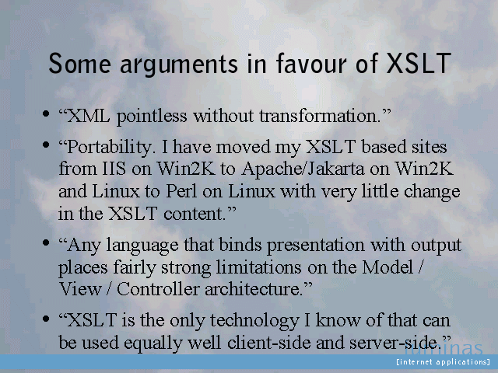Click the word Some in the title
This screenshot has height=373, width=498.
pos(79,64)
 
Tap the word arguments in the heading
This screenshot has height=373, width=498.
pos(178,65)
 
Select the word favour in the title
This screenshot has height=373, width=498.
pos(311,63)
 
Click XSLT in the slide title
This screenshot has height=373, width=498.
pos(419,63)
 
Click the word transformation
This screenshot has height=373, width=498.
pos(322,116)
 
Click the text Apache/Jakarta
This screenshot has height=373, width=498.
pos(303,169)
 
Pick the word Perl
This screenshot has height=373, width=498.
pos(181,191)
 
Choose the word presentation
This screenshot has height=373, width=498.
pos(315,246)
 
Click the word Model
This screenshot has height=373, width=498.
pos(388,267)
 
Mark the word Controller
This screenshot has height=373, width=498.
pos(158,289)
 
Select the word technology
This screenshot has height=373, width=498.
pos(254,321)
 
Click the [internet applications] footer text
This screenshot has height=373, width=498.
pos(443,362)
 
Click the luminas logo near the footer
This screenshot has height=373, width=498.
pos(444,348)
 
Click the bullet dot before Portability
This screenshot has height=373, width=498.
pos(46,145)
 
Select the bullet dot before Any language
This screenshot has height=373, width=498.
pos(46,243)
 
